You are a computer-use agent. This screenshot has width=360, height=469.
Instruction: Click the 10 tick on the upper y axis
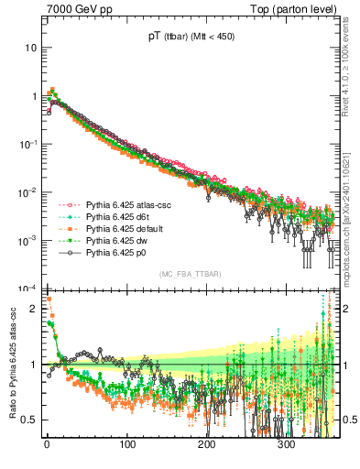pos(31,47)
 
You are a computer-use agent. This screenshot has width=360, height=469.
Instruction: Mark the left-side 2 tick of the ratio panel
pos(33,309)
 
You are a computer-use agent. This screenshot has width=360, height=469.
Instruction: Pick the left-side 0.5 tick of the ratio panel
pos(29,420)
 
